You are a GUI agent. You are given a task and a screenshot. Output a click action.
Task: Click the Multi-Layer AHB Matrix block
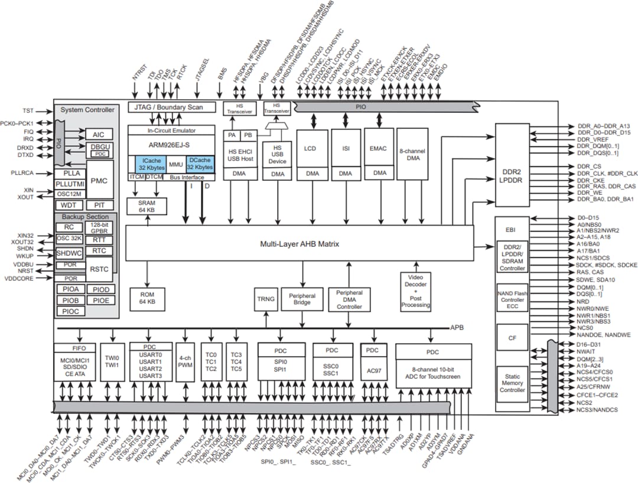click(300, 243)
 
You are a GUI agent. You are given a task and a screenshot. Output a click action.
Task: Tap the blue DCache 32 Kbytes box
click(200, 164)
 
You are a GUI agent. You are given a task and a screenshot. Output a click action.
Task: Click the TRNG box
click(266, 299)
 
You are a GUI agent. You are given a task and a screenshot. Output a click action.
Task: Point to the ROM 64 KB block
click(148, 297)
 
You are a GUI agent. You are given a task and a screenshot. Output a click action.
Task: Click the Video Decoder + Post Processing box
click(416, 289)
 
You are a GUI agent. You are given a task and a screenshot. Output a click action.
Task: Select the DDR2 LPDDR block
click(512, 165)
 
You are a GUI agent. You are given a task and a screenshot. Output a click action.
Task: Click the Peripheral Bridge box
click(302, 299)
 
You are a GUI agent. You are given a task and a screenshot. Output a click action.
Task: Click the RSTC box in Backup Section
click(98, 269)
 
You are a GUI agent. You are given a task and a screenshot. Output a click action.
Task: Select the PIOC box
click(70, 311)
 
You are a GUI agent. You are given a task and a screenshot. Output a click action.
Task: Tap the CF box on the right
click(512, 338)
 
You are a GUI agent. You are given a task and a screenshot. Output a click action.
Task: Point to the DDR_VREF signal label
click(593, 139)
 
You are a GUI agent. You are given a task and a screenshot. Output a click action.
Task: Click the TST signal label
click(28, 110)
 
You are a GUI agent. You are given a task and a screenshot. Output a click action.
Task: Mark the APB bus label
click(457, 327)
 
